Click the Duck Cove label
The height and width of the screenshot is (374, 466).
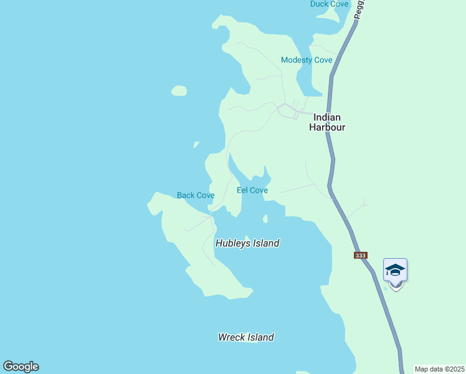point(330,4)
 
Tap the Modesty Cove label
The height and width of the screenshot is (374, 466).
point(307,60)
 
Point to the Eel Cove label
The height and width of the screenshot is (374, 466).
point(252,190)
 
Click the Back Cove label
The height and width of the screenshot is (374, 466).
point(196,195)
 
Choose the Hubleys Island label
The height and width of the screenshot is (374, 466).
point(247,243)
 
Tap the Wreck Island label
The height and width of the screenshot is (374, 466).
point(245,337)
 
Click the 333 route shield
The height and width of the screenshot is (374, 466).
point(359,255)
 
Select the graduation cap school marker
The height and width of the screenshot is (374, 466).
point(395,271)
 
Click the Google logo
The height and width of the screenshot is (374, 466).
point(21,367)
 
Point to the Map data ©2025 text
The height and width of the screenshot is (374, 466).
point(440,369)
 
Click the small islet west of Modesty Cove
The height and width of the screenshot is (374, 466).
point(179,91)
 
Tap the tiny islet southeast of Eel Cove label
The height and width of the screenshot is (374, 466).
point(265,219)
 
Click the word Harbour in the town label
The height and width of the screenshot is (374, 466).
point(327,127)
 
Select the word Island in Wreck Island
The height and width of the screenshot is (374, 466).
point(260,337)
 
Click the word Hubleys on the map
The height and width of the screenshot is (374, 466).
point(231,243)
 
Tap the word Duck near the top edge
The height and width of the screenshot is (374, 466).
point(320,4)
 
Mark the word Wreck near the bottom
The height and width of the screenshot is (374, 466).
point(231,337)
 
